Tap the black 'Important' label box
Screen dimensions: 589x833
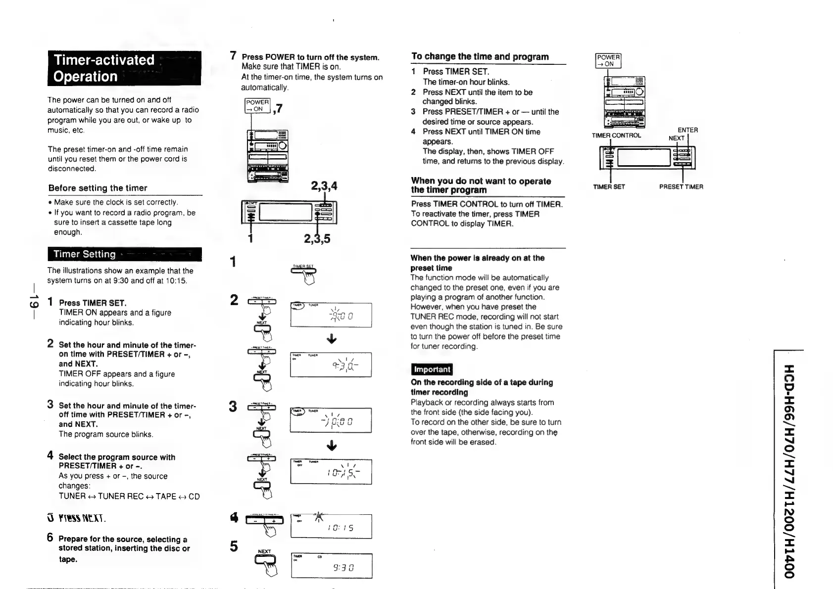click(x=432, y=369)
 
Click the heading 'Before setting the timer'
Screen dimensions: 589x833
click(x=98, y=188)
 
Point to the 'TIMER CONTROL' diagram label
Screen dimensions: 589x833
click(x=616, y=136)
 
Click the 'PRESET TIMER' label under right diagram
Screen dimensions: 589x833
click(x=681, y=187)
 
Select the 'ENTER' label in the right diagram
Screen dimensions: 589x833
click(x=687, y=130)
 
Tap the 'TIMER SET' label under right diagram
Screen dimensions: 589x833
click(x=609, y=187)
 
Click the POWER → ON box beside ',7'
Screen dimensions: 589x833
click(x=257, y=105)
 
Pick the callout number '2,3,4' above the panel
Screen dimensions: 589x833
click(x=324, y=186)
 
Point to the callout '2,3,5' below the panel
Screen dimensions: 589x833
click(x=317, y=239)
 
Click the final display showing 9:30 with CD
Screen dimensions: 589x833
click(x=331, y=566)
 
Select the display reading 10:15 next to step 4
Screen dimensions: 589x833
click(x=331, y=526)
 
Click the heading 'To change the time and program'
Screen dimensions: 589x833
click(x=480, y=56)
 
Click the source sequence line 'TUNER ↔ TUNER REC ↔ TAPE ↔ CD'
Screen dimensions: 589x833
click(x=129, y=496)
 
